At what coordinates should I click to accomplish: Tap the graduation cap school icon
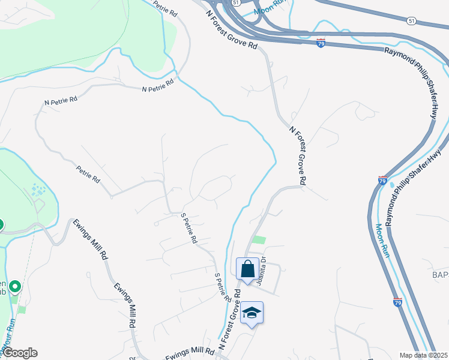click(252, 313)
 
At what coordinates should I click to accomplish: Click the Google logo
click(19, 353)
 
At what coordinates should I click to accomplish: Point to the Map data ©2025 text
click(424, 355)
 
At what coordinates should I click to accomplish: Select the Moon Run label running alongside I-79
click(383, 240)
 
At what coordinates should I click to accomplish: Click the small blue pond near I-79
click(392, 185)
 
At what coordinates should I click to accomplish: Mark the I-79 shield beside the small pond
click(382, 180)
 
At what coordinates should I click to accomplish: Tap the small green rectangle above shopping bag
click(258, 240)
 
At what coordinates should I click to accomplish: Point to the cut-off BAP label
click(440, 274)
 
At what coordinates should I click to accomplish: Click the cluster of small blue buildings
click(38, 191)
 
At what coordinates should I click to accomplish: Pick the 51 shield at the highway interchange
click(236, 3)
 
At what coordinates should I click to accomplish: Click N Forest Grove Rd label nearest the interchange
click(231, 29)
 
